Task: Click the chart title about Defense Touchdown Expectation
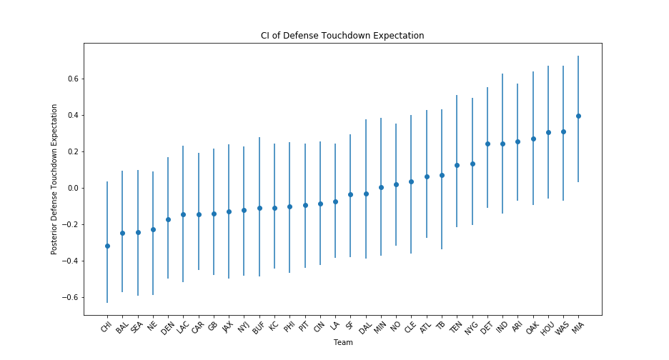pos(342,36)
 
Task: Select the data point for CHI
pos(107,246)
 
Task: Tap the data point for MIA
pos(578,116)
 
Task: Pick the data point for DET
pos(487,144)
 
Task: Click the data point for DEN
pos(168,219)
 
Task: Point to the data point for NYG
pos(472,164)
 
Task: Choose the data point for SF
pos(350,194)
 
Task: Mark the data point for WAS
pos(563,131)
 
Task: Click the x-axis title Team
pos(342,343)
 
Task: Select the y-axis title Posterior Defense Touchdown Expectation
pos(54,179)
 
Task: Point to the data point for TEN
pos(457,165)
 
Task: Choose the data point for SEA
pos(138,232)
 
